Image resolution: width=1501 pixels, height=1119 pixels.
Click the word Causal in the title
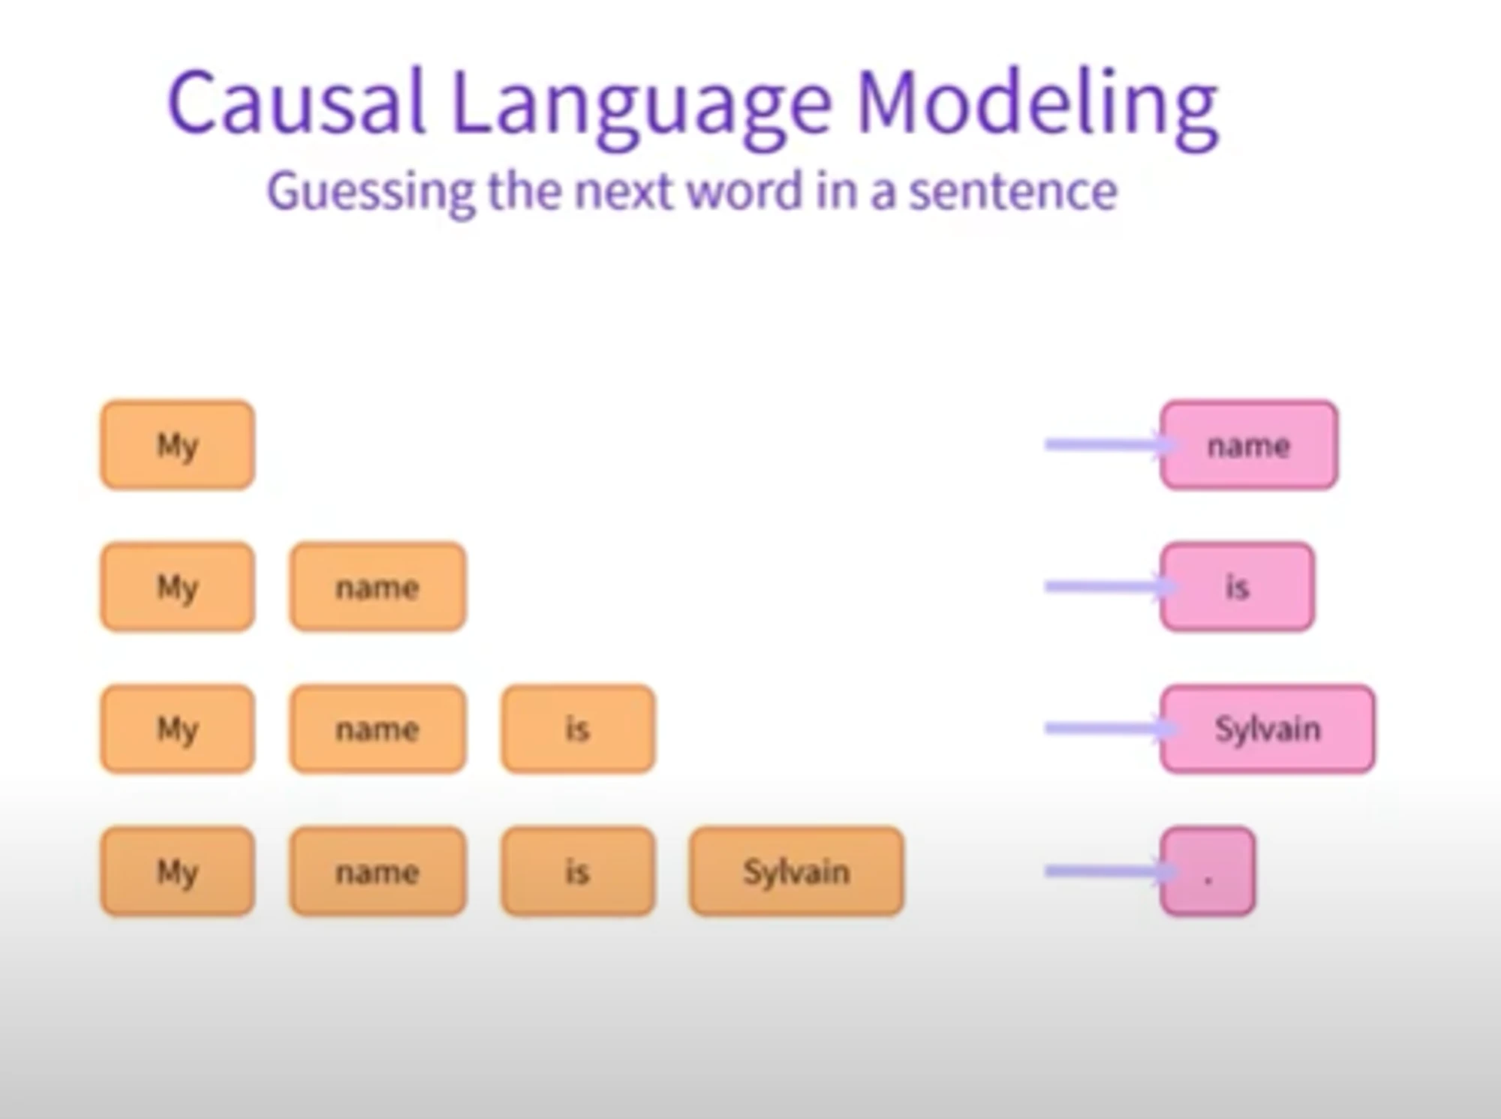[x=296, y=101]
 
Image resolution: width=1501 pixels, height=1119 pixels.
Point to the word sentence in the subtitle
[x=1013, y=191]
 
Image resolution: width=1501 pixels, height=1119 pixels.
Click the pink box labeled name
[x=1249, y=445]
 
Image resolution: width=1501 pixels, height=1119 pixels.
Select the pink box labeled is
[x=1237, y=587]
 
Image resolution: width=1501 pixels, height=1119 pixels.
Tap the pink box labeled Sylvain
[x=1268, y=729]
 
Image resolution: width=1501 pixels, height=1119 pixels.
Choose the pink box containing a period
[x=1208, y=871]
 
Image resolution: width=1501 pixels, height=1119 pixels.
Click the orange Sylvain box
[x=796, y=871]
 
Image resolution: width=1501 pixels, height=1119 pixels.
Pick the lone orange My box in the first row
[x=177, y=445]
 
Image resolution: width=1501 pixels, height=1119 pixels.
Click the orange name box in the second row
[x=378, y=587]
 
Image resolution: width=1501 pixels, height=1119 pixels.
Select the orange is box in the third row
[x=578, y=729]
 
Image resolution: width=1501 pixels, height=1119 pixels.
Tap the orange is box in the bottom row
[x=578, y=871]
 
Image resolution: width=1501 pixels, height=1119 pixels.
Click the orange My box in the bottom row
[x=177, y=871]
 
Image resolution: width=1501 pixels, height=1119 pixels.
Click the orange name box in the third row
[x=378, y=729]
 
